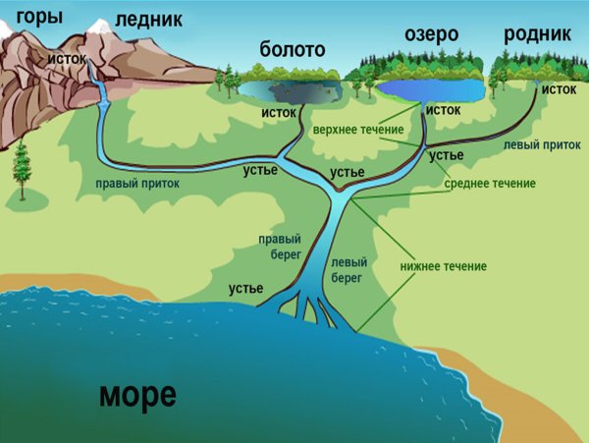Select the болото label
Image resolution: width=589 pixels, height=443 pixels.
[292, 49]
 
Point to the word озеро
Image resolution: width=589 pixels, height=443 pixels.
[432, 34]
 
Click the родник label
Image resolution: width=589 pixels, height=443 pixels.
[537, 34]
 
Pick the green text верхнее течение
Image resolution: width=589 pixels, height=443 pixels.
[357, 130]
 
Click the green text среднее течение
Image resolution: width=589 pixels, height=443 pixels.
[490, 184]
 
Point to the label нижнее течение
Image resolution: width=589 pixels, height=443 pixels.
[443, 266]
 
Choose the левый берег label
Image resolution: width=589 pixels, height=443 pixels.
[349, 271]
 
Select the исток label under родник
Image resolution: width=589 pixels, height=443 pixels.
[559, 89]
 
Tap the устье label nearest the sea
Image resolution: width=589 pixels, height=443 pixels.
[245, 289]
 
